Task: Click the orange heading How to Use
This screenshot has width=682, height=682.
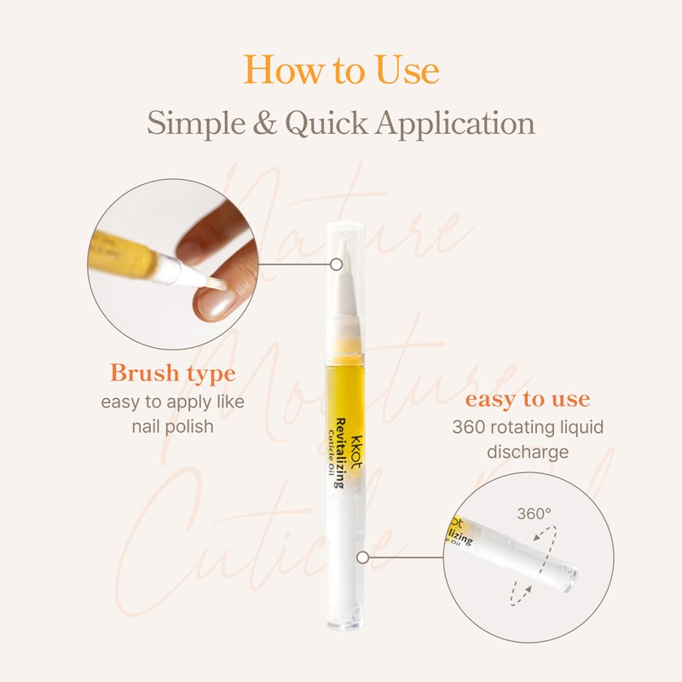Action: [341, 70]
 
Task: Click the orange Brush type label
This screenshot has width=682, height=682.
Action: [173, 373]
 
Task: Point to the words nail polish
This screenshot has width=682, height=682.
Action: [173, 425]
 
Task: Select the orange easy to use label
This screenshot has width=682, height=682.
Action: [527, 399]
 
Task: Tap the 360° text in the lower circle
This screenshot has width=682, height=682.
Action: [535, 514]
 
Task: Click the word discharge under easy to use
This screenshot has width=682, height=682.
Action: [527, 450]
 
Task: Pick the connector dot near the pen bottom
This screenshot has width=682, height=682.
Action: [362, 558]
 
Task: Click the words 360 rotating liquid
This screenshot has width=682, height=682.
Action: [527, 425]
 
